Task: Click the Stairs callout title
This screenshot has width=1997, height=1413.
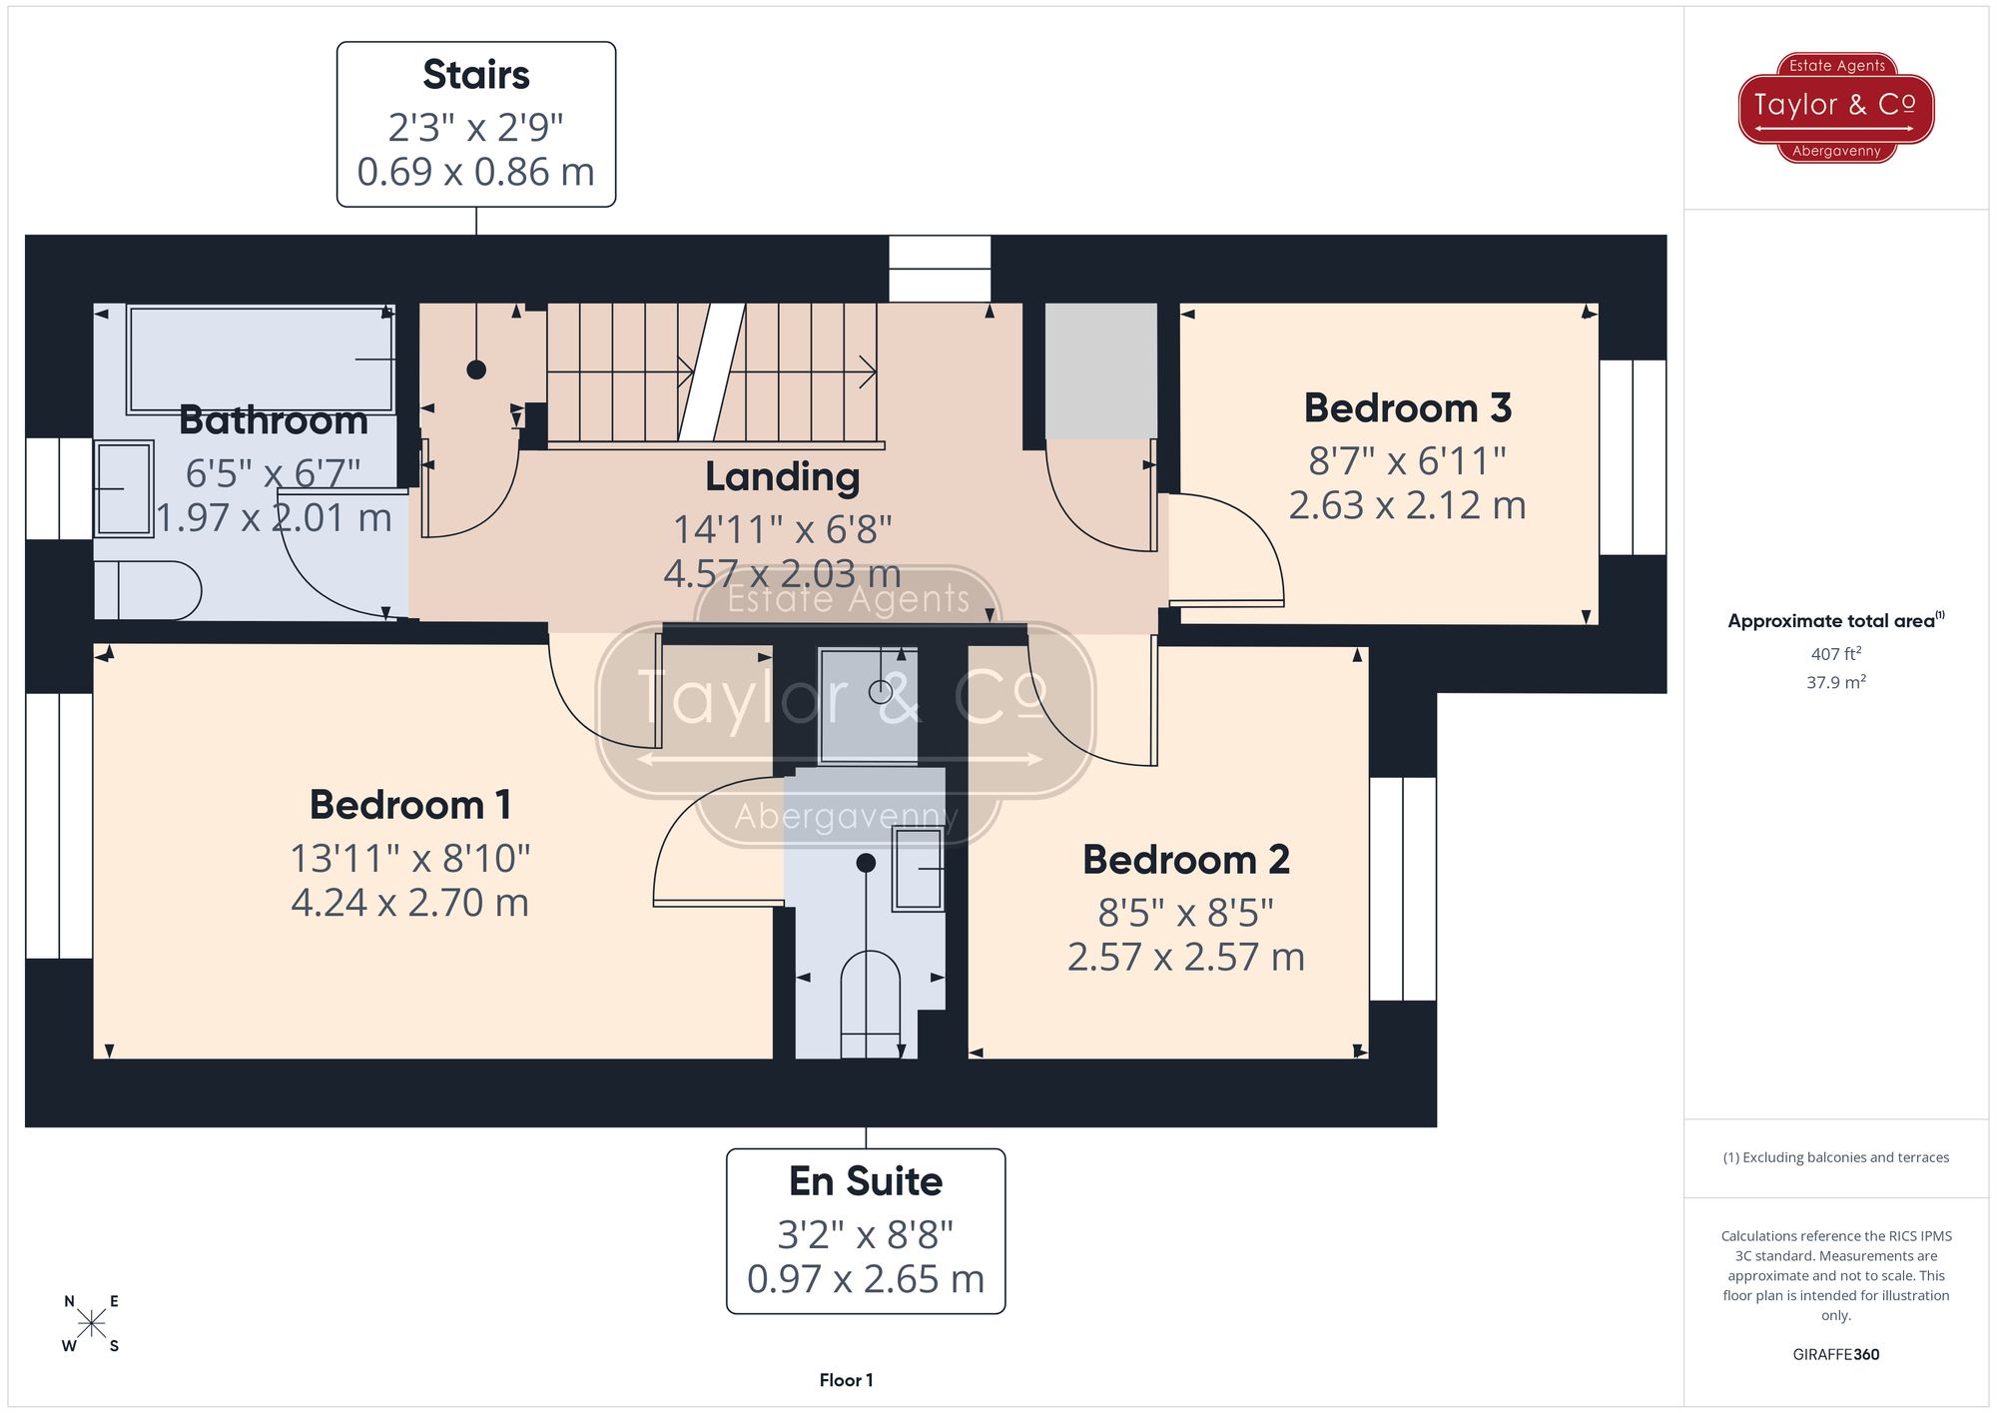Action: click(x=475, y=75)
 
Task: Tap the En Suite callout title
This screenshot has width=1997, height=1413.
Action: click(x=865, y=1181)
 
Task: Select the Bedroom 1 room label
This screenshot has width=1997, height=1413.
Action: click(x=410, y=805)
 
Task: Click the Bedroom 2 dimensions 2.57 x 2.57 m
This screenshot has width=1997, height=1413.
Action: click(x=1185, y=957)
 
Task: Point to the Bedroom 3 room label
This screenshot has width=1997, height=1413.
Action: click(x=1407, y=407)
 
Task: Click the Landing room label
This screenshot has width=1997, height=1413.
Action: click(x=782, y=476)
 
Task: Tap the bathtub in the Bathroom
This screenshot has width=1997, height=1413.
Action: click(x=260, y=359)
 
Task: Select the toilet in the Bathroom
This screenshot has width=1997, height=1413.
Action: click(x=150, y=591)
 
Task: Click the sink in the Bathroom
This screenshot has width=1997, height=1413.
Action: click(x=124, y=489)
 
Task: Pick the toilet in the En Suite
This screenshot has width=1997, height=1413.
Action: click(x=870, y=1004)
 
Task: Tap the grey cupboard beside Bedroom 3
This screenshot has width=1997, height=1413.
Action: click(x=1100, y=370)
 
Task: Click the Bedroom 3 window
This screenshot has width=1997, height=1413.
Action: click(x=1633, y=457)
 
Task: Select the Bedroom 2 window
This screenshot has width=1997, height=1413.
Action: click(x=1402, y=889)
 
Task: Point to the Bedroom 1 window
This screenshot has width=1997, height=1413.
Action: click(x=59, y=825)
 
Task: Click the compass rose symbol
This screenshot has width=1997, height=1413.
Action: click(x=91, y=1324)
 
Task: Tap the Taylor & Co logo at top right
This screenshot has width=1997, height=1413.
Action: click(x=1835, y=108)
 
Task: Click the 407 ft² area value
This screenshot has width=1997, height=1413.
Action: click(x=1835, y=654)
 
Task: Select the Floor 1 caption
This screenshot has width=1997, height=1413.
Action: click(x=846, y=1380)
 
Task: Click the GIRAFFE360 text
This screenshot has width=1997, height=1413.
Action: click(x=1835, y=1354)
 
